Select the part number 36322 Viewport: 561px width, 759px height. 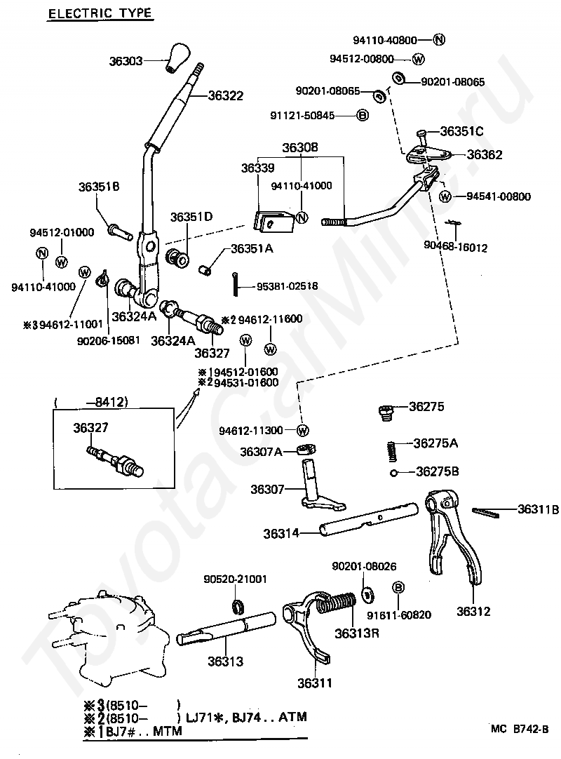[226, 95]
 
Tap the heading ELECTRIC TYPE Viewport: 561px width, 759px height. [101, 13]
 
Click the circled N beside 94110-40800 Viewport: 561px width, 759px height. [438, 40]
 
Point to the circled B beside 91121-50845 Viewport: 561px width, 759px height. [362, 115]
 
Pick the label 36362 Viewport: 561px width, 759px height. [485, 154]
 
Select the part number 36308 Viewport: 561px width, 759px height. [300, 147]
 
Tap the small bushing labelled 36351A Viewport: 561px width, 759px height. [205, 269]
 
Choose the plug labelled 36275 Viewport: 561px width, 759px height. [385, 412]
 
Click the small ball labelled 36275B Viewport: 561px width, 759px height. [394, 473]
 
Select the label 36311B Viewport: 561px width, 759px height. [539, 509]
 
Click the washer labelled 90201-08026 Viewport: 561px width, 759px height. [367, 595]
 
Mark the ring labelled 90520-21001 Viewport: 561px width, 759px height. [238, 606]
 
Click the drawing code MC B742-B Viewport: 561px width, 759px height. [520, 729]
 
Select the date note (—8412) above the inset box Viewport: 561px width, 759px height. [91, 402]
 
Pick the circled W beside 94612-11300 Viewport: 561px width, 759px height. [302, 430]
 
